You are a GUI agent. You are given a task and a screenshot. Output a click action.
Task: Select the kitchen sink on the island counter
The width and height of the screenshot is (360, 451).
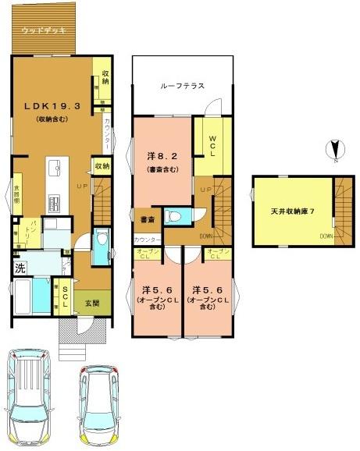pyautogui.click(x=55, y=168)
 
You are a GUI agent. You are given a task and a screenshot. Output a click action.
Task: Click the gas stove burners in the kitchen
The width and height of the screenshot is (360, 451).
pyautogui.click(x=55, y=205)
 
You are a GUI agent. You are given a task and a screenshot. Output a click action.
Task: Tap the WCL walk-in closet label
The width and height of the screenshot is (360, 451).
pyautogui.click(x=212, y=147)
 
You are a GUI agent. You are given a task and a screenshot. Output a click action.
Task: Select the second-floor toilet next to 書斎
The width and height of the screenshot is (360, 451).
pyautogui.click(x=176, y=215)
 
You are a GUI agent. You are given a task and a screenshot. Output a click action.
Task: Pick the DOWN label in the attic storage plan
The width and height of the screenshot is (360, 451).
pyautogui.click(x=326, y=235)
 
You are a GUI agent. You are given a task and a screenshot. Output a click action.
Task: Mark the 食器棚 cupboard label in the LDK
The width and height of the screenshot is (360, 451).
pyautogui.click(x=16, y=195)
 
